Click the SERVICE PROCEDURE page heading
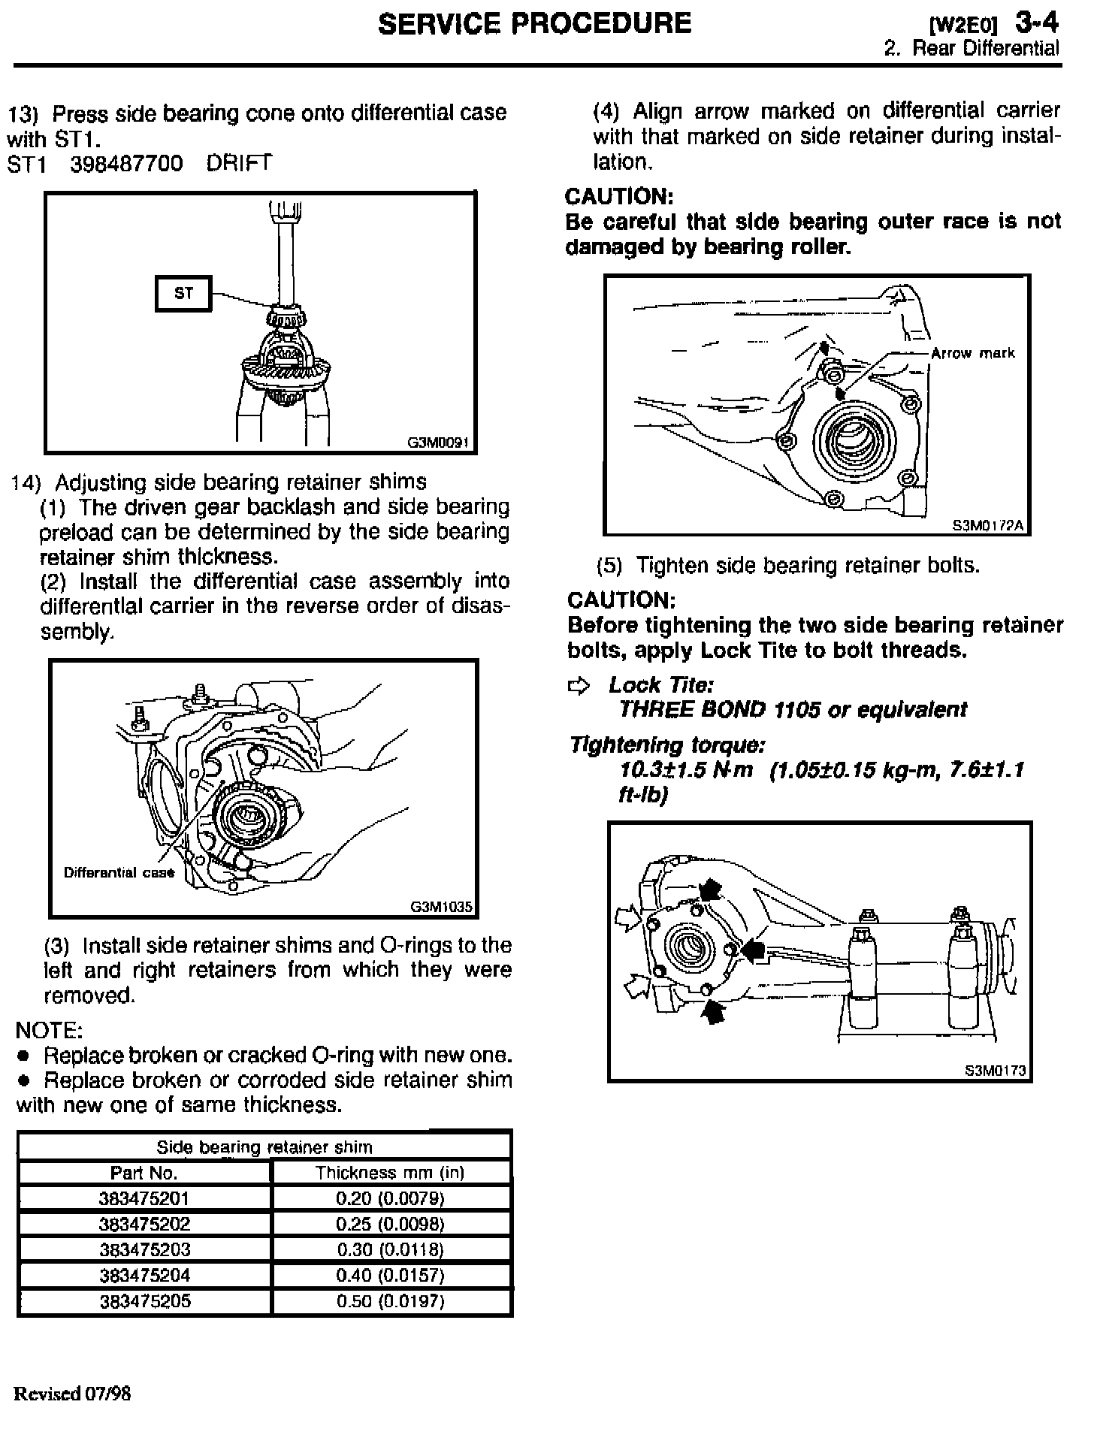pyautogui.click(x=534, y=24)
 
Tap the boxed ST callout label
pyautogui.click(x=183, y=293)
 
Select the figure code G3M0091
pyautogui.click(x=438, y=443)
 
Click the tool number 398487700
pyautogui.click(x=126, y=164)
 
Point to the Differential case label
pyautogui.click(x=119, y=873)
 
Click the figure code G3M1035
pyautogui.click(x=441, y=907)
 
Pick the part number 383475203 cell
pyautogui.click(x=144, y=1249)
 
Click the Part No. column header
pyautogui.click(x=144, y=1173)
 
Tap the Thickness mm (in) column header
pyautogui.click(x=390, y=1173)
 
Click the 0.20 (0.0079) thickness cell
pyautogui.click(x=391, y=1198)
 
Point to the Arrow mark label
pyautogui.click(x=972, y=353)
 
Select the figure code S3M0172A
pyautogui.click(x=988, y=526)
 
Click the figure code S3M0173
pyautogui.click(x=995, y=1071)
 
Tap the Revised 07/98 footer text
pyautogui.click(x=72, y=1394)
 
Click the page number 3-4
pyautogui.click(x=1037, y=23)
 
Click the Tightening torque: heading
pyautogui.click(x=667, y=745)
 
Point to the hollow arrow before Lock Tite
pyautogui.click(x=579, y=685)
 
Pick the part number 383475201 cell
pyautogui.click(x=144, y=1198)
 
